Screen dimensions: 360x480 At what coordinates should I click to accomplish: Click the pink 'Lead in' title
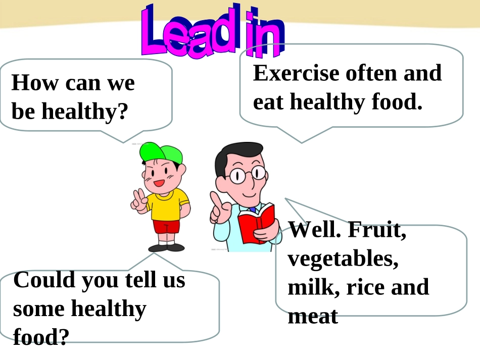pyautogui.click(x=212, y=31)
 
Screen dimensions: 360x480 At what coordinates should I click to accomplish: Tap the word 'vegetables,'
pyautogui.click(x=341, y=259)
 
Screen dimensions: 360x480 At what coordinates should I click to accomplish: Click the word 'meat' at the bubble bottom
pyautogui.click(x=312, y=317)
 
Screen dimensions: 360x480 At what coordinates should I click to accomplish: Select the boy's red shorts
pyautogui.click(x=166, y=227)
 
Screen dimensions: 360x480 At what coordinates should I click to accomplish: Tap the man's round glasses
pyautogui.click(x=247, y=175)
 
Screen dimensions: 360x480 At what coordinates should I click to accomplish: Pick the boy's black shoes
pyautogui.click(x=166, y=247)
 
